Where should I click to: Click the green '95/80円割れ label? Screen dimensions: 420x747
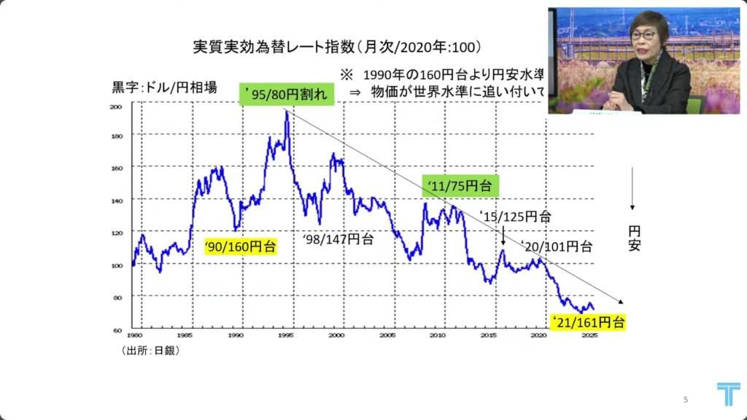(287, 95)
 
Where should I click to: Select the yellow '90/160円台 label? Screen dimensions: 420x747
(240, 246)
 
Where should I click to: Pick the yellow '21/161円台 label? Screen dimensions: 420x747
(587, 321)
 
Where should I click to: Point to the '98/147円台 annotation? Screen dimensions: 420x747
(338, 238)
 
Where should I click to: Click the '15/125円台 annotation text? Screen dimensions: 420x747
(516, 217)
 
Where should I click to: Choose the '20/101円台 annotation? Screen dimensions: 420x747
(557, 246)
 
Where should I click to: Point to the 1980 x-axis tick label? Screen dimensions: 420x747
(133, 336)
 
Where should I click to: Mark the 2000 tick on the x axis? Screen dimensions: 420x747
(336, 336)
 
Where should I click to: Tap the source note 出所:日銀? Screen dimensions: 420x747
(150, 350)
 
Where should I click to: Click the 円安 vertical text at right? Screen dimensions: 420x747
(634, 238)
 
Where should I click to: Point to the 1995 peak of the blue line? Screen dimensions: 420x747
(287, 112)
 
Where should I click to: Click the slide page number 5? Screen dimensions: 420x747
(686, 399)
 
